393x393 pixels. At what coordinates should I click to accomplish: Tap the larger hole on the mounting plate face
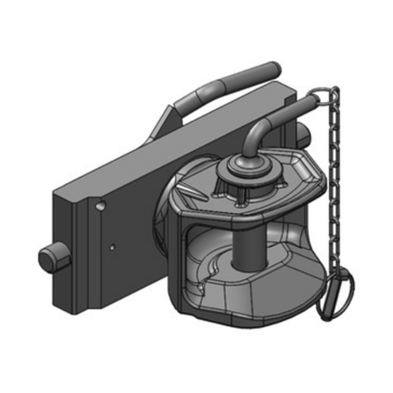click(x=101, y=205)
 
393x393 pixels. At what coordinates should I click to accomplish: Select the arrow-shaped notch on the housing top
click(x=193, y=190)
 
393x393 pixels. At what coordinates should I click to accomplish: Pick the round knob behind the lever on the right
click(x=302, y=134)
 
